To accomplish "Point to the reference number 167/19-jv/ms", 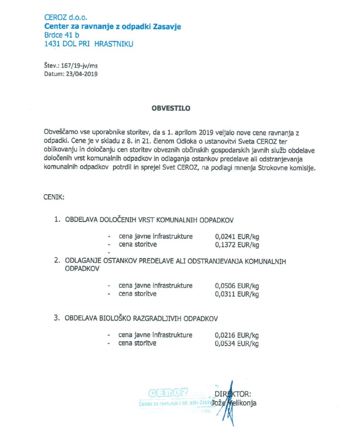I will [81, 66].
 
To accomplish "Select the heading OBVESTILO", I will [171, 108].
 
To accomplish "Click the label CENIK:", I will [54, 197].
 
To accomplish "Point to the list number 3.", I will [57, 318].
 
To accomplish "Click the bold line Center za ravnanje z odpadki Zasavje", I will [113, 26].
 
